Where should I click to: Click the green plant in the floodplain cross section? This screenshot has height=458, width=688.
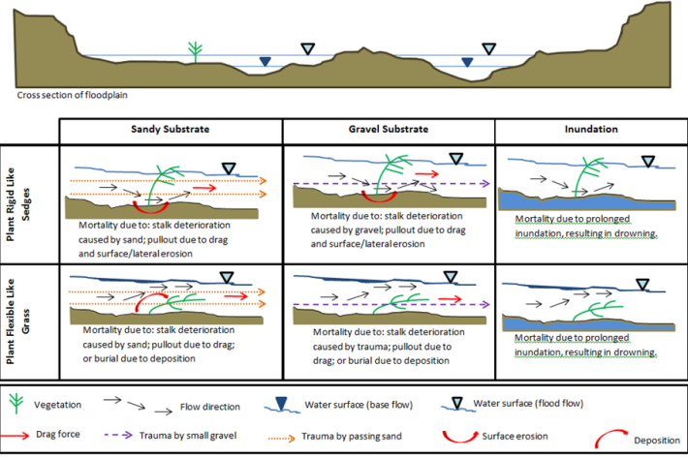(x=196, y=51)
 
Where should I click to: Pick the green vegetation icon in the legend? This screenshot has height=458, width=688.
(x=15, y=400)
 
